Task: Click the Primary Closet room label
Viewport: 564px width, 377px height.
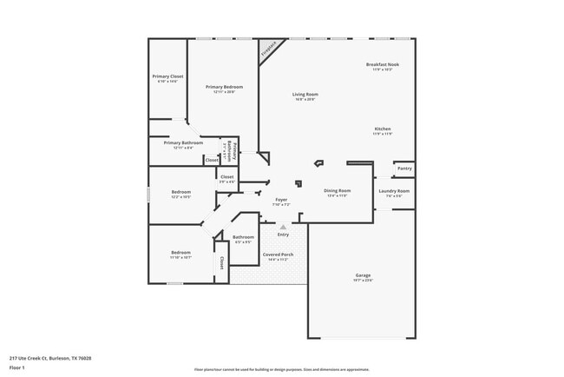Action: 167,76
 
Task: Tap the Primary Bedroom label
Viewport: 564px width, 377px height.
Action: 224,87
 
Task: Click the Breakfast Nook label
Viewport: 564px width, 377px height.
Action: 382,65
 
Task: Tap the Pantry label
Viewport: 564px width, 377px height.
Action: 403,169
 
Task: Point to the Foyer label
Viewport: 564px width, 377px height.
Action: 281,200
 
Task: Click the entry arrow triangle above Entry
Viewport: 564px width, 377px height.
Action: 282,226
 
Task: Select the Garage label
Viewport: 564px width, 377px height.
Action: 363,275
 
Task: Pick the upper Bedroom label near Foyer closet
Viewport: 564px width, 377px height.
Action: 180,192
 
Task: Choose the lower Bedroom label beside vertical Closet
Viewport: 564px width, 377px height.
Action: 180,253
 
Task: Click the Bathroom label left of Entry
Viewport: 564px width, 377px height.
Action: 243,237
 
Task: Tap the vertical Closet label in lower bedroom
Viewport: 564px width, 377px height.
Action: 222,263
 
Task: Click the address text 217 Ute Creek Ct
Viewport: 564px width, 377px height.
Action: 50,358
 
